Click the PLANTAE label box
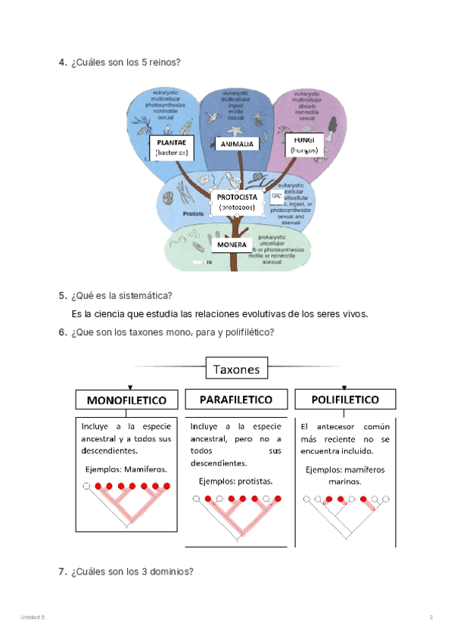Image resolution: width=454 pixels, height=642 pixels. [x=171, y=147]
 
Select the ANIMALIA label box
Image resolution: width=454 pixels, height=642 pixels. [x=238, y=144]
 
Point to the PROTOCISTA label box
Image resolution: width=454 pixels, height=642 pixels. [x=237, y=201]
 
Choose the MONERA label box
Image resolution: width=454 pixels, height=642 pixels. [x=232, y=245]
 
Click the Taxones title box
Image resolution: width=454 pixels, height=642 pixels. [x=237, y=369]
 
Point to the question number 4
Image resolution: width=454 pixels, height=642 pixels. [x=62, y=62]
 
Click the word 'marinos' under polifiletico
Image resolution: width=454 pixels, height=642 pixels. [x=344, y=481]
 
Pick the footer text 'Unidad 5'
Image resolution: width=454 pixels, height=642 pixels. [x=33, y=619]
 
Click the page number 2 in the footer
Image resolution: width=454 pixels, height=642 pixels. [x=431, y=619]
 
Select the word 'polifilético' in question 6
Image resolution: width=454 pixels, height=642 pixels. [x=247, y=333]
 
